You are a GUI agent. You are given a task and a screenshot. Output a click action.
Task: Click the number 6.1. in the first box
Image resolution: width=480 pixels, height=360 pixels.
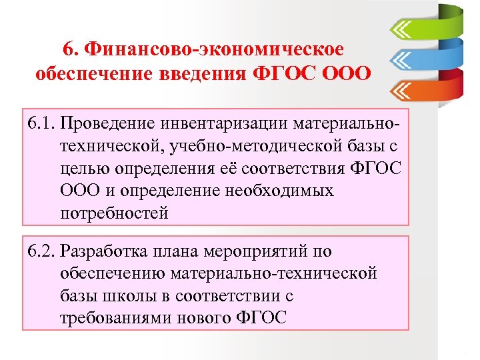(x=41, y=123)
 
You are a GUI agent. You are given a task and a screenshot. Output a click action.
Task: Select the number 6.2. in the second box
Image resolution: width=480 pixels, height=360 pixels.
(x=41, y=252)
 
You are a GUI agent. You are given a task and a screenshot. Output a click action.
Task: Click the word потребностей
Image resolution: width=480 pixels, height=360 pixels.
(x=114, y=213)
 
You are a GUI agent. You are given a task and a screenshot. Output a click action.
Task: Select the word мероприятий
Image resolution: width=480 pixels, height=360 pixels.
(x=255, y=252)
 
